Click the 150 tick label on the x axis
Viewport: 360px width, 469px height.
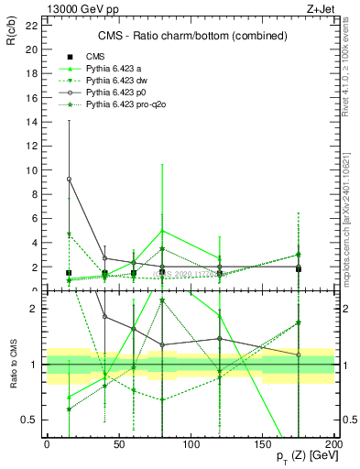click(x=263, y=442)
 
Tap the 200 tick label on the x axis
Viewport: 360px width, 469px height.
click(x=334, y=442)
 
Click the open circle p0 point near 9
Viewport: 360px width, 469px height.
click(x=69, y=179)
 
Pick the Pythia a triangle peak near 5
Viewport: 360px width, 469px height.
click(x=162, y=231)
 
